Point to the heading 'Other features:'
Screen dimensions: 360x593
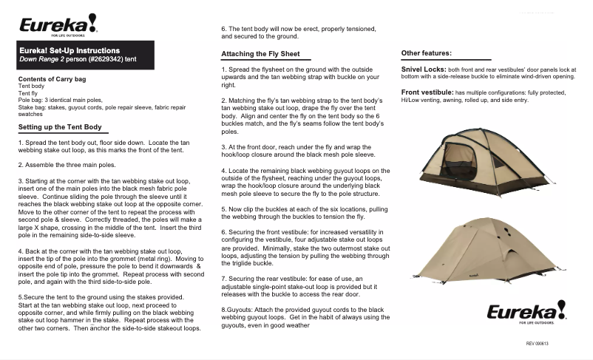426,53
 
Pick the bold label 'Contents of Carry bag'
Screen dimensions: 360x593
52,78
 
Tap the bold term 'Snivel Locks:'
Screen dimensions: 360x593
422,68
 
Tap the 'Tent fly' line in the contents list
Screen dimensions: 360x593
28,93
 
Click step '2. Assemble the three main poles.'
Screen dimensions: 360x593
67,165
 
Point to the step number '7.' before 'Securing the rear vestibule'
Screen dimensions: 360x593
225,277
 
